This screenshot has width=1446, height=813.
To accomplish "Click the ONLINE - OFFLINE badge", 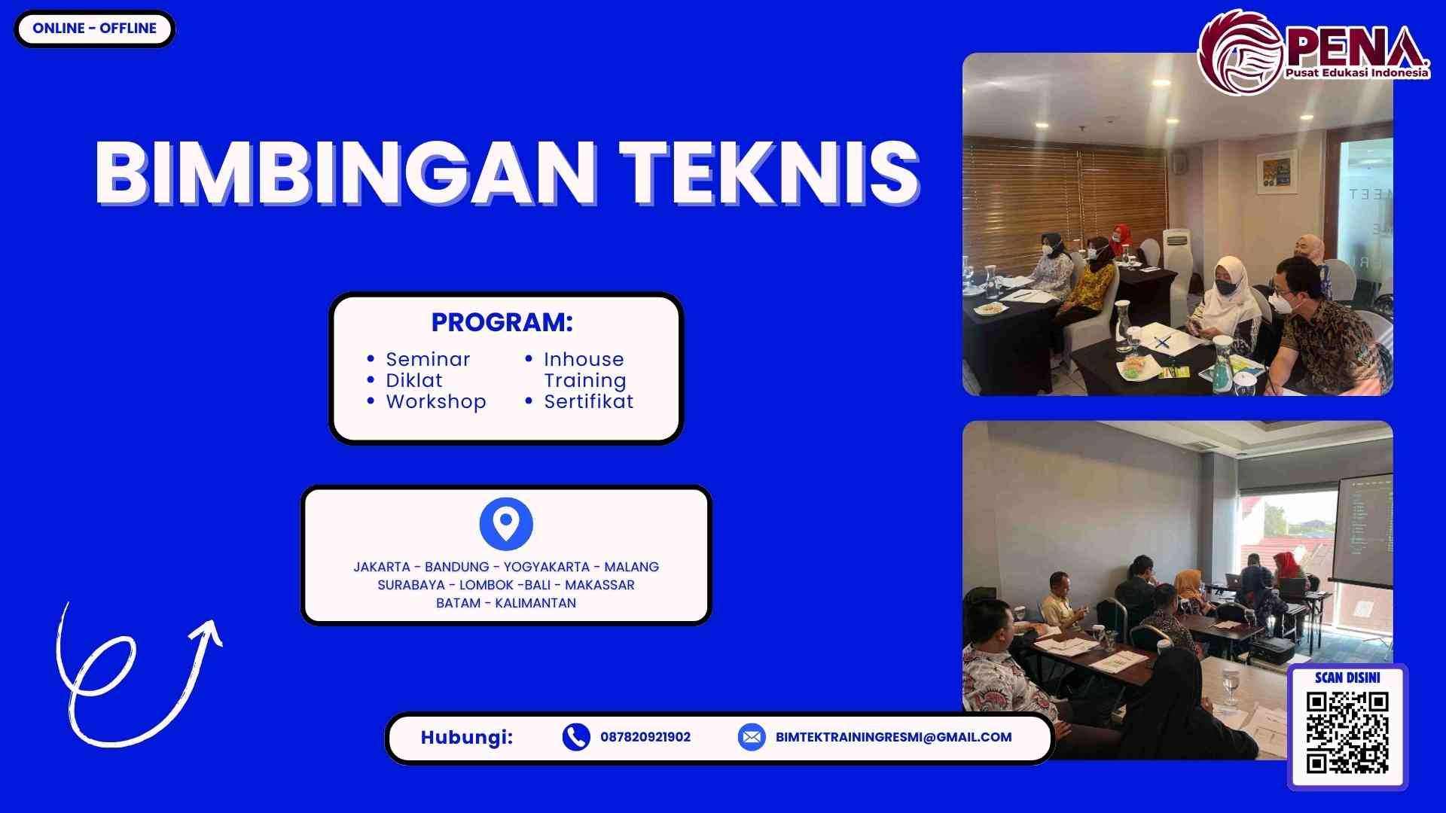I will (x=94, y=29).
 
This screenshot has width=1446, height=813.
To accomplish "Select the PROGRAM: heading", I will (x=502, y=322).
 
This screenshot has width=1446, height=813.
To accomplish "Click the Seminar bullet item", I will (x=428, y=359).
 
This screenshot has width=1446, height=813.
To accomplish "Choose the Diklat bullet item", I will (x=414, y=380).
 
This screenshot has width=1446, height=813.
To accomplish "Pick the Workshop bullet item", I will (x=436, y=401).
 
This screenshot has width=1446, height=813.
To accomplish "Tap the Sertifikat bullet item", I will (x=588, y=401).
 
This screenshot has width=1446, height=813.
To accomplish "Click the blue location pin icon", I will (x=506, y=523).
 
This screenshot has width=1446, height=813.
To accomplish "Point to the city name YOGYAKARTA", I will (x=546, y=567).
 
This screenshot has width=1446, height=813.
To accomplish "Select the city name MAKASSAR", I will (x=599, y=585).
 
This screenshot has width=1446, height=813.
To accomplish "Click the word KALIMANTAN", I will (x=535, y=603).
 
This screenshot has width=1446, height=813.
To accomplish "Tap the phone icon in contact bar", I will (x=576, y=737).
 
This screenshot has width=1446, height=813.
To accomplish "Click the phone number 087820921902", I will (x=645, y=737).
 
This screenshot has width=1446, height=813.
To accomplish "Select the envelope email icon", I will (x=752, y=737).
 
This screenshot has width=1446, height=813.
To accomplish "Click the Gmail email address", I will (x=893, y=737).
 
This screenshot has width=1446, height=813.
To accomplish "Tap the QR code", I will (x=1347, y=733).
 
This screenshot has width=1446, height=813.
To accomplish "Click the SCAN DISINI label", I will (x=1347, y=677).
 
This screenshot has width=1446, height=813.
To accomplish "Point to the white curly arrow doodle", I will (x=136, y=677).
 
